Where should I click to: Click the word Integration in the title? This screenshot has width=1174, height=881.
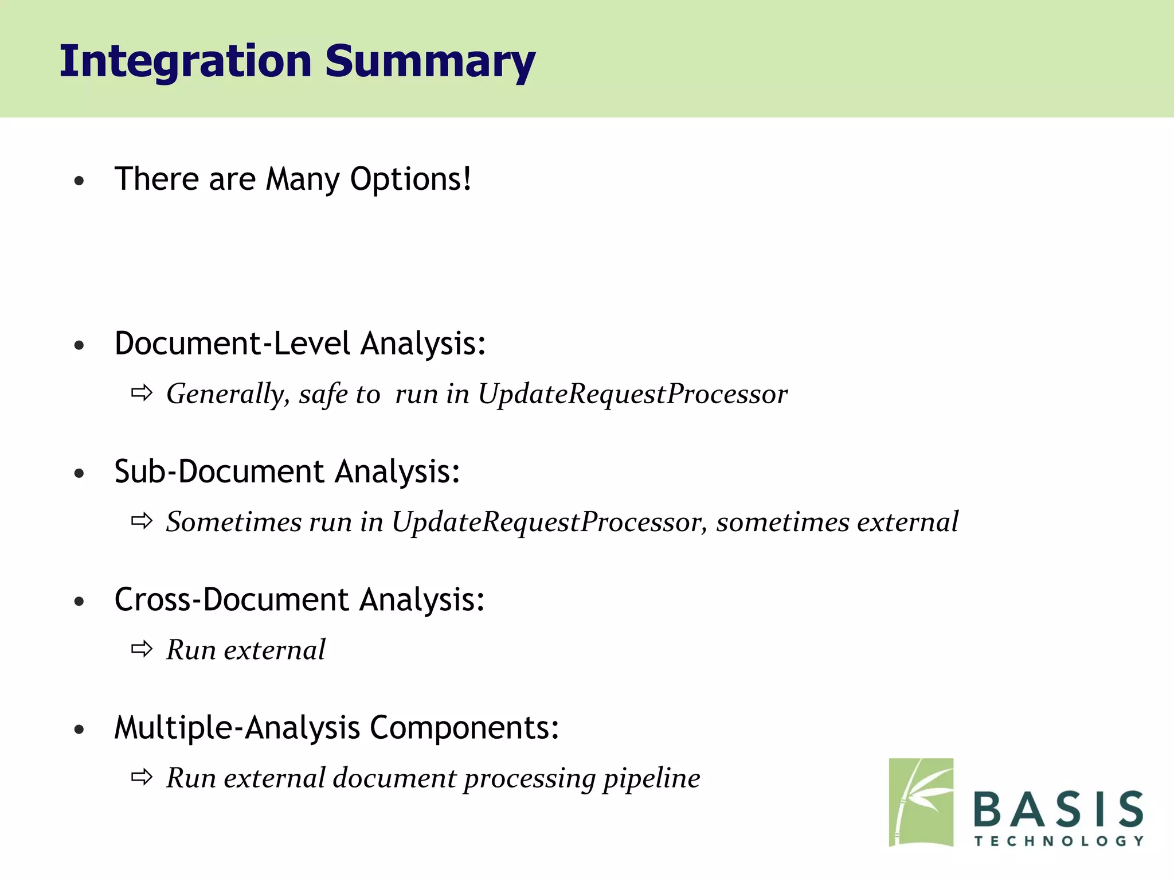click(x=185, y=61)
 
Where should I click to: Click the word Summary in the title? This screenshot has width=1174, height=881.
click(x=430, y=61)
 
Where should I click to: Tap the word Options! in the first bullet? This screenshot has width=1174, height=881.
click(x=410, y=179)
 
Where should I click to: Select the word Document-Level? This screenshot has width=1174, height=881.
click(x=232, y=344)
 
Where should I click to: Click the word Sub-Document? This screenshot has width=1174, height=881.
click(x=220, y=471)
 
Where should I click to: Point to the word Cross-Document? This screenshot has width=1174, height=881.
click(x=232, y=600)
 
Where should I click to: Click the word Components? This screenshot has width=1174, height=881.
click(x=464, y=728)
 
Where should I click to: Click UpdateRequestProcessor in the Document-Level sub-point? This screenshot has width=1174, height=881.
click(x=633, y=395)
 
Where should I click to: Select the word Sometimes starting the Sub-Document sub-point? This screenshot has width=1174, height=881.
click(x=234, y=523)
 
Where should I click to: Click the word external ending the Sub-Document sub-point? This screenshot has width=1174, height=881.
click(x=907, y=523)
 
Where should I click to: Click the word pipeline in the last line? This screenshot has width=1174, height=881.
click(x=652, y=779)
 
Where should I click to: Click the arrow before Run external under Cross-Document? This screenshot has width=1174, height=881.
click(x=142, y=649)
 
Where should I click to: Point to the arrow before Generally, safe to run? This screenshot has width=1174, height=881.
click(x=142, y=393)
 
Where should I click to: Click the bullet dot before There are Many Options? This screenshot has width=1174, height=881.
click(x=79, y=181)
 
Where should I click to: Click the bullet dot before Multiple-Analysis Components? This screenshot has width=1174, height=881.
click(x=79, y=730)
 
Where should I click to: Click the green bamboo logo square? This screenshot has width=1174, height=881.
click(x=921, y=802)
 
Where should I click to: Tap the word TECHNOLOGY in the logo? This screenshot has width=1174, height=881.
click(x=1058, y=841)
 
